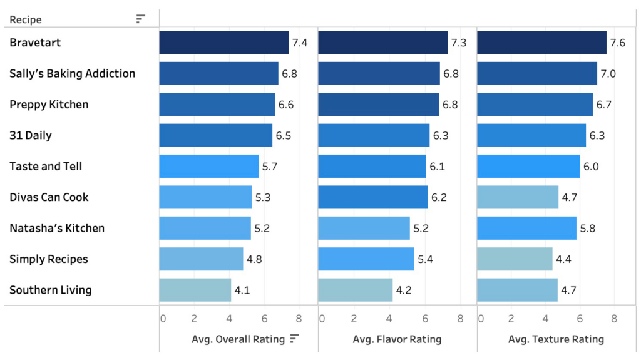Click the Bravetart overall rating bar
(x=223, y=43)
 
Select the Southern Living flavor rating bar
(x=355, y=290)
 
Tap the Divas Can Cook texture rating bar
(x=517, y=197)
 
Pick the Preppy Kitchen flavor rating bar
(x=378, y=105)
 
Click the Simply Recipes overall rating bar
(x=201, y=259)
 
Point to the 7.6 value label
(x=617, y=43)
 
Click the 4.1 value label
(x=242, y=291)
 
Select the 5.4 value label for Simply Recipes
(x=425, y=259)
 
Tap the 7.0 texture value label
(x=608, y=74)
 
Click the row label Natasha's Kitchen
(x=57, y=229)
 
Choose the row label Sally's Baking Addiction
(x=72, y=74)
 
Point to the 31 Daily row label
(x=31, y=135)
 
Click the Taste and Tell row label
(x=46, y=167)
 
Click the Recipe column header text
(x=26, y=19)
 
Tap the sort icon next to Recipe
(x=141, y=19)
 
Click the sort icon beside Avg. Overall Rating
(x=295, y=339)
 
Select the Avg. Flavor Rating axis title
(x=397, y=339)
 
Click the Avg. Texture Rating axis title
(x=556, y=339)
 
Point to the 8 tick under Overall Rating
(x=299, y=319)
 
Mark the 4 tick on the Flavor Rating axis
(x=389, y=319)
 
